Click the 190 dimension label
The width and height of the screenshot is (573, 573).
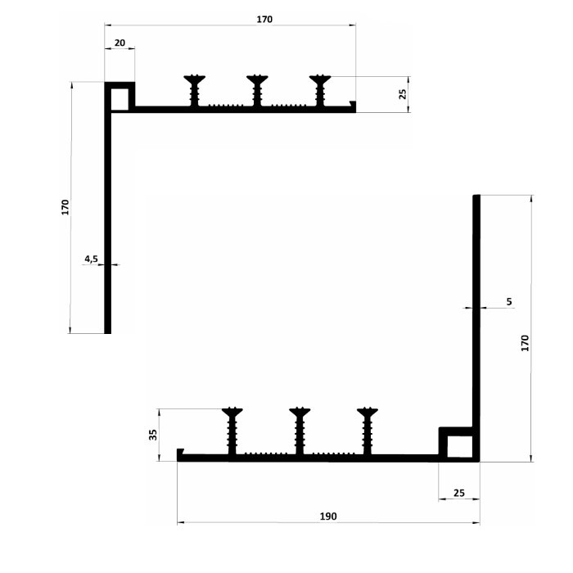(328, 517)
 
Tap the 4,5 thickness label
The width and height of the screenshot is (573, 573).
(91, 259)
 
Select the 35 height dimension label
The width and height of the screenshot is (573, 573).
(154, 435)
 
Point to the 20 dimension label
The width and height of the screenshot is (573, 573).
(120, 43)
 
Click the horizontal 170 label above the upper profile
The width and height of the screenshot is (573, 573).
(264, 20)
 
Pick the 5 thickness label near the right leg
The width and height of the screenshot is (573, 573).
(509, 301)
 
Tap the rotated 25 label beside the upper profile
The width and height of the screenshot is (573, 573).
(403, 94)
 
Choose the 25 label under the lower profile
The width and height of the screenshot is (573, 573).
(459, 493)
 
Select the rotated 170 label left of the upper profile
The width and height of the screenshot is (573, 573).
(65, 207)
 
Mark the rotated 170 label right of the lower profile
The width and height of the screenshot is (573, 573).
(525, 343)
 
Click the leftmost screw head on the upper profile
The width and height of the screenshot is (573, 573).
(195, 79)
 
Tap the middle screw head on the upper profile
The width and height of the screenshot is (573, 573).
(257, 79)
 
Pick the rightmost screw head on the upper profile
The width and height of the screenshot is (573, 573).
(320, 79)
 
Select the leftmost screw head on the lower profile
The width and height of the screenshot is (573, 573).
(232, 413)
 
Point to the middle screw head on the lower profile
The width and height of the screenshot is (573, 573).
(300, 413)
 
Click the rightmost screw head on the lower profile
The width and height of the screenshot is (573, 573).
(368, 413)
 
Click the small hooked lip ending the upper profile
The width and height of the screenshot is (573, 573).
(353, 105)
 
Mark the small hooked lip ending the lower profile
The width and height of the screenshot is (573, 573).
(180, 453)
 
